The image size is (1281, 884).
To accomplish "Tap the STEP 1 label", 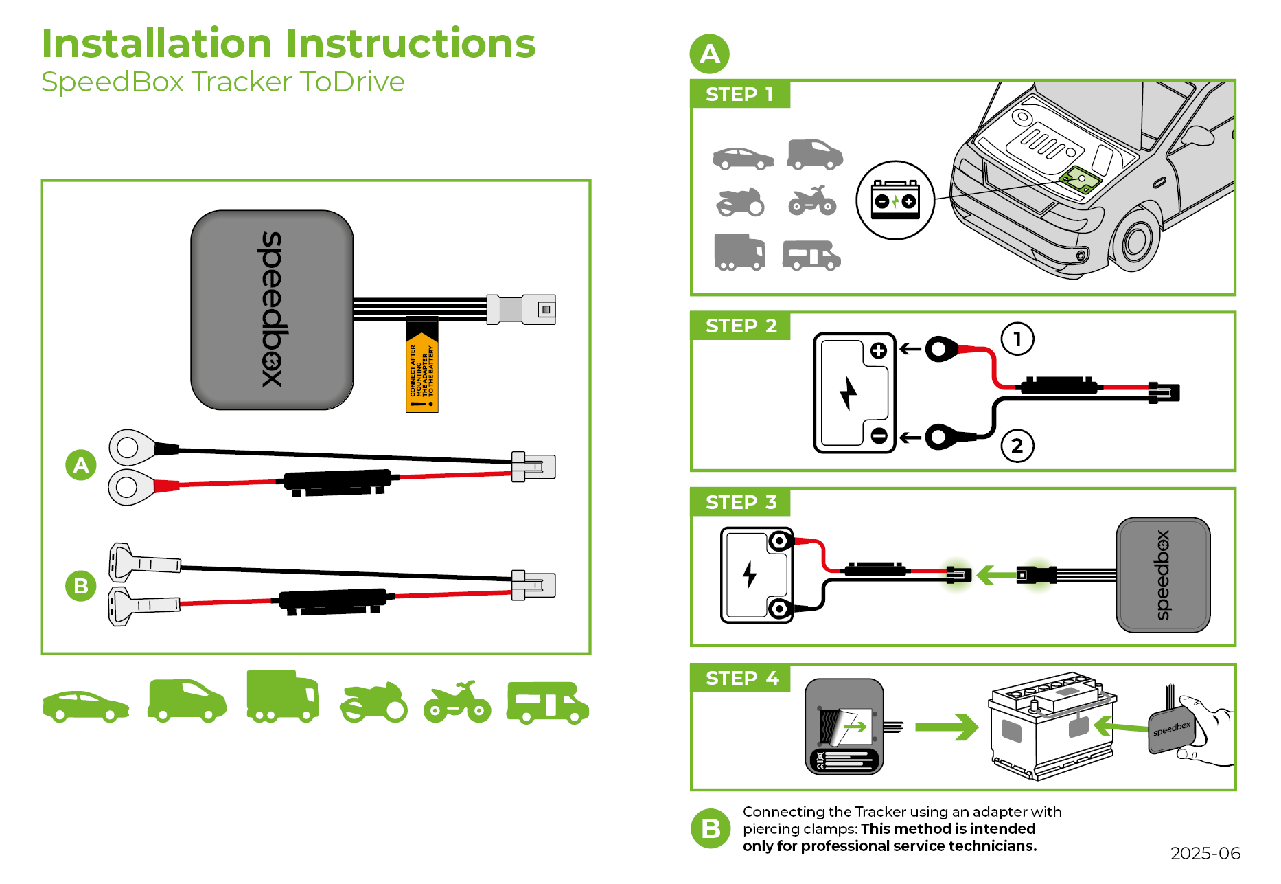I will tap(739, 94).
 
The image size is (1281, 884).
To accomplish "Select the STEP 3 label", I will tap(741, 502).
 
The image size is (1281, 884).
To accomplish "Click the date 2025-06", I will tap(1205, 853).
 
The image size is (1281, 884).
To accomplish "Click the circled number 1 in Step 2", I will tap(1017, 339).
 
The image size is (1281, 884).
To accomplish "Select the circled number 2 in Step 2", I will tap(1017, 446).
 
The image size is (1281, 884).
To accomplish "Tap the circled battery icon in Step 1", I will tap(895, 200).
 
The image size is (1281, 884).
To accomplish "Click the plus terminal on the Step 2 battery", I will tap(878, 351).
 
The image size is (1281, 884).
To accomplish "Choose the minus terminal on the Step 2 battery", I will tap(878, 435).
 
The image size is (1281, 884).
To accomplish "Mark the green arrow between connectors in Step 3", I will tap(995, 574).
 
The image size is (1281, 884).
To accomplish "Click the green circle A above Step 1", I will tap(709, 54).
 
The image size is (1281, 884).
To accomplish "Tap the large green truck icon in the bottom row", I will tap(282, 696).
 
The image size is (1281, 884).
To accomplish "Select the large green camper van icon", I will tap(547, 703).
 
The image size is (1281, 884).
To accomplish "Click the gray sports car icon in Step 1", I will tap(743, 159).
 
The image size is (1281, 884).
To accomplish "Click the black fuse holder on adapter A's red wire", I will tap(337, 481).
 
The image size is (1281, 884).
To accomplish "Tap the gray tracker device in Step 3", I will tap(1163, 575).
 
